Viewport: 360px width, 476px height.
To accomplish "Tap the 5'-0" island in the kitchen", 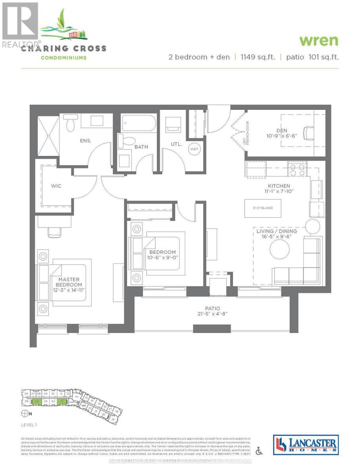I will click(x=264, y=208).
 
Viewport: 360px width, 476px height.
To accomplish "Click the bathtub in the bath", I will click(x=136, y=123).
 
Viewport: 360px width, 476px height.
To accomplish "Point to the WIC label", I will click(x=56, y=186).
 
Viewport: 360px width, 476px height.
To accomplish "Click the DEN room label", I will click(x=282, y=131).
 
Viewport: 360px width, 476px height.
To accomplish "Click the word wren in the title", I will click(x=319, y=41).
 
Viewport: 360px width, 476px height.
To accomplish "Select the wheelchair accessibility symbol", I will click(x=259, y=451).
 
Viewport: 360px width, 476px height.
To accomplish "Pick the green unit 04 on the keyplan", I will click(x=37, y=401).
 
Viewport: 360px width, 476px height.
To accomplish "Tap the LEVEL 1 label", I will click(x=29, y=425).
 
